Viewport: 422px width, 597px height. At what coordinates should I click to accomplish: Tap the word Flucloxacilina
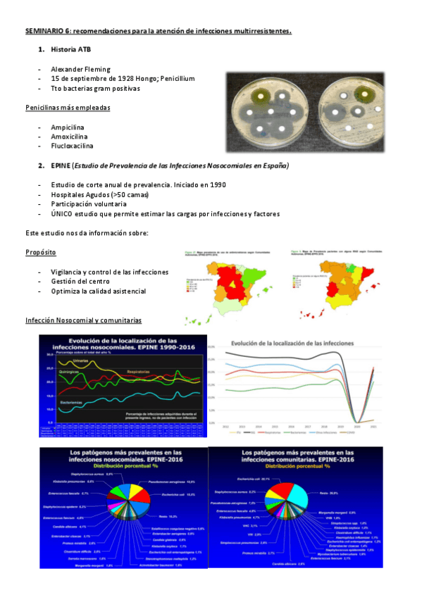click(x=73, y=145)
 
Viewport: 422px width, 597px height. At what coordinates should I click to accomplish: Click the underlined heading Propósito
click(x=41, y=251)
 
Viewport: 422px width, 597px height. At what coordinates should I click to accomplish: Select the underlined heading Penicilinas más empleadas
click(x=67, y=108)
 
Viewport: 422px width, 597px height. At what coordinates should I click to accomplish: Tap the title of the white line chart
click(x=300, y=342)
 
